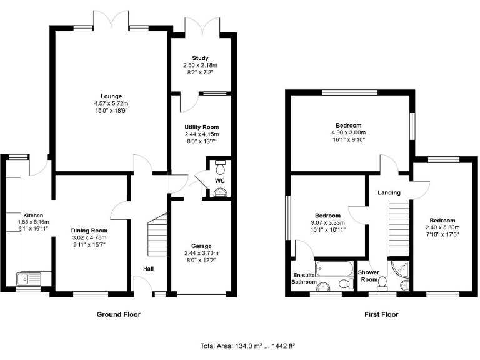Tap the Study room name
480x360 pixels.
[200, 58]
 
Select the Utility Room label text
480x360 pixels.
[200, 127]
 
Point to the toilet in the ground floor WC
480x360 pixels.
[219, 168]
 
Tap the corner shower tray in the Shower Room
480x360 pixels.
[398, 269]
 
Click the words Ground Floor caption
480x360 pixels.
[119, 314]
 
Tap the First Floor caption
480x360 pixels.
[381, 314]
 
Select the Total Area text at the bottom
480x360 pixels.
[247, 346]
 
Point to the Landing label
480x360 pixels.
[389, 193]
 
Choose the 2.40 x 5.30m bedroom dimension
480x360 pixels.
[442, 227]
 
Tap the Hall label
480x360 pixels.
[147, 269]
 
